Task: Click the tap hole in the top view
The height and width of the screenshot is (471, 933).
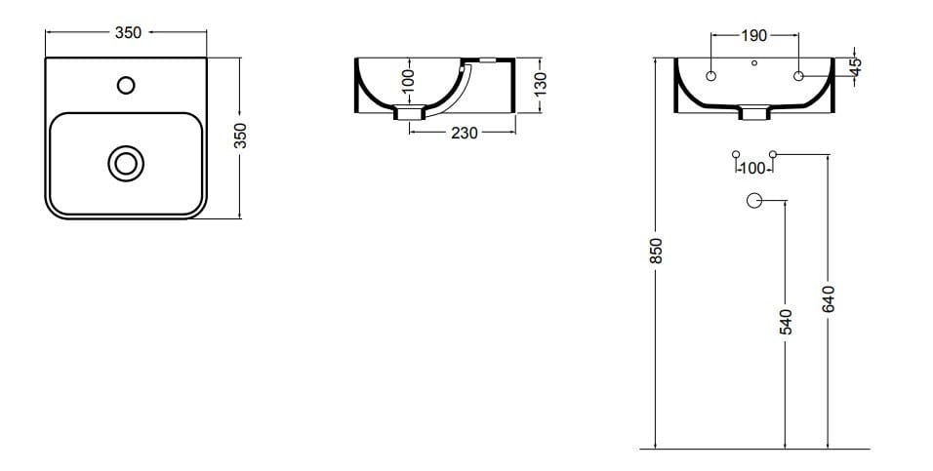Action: [125, 85]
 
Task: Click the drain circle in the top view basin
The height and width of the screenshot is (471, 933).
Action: [125, 163]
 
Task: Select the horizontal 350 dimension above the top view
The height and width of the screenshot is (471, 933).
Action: [128, 32]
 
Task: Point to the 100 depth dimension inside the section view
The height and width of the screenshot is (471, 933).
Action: [409, 80]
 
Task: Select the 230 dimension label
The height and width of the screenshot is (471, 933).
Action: [465, 133]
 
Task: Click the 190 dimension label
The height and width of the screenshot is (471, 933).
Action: [753, 36]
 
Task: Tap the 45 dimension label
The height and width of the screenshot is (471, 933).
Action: [856, 66]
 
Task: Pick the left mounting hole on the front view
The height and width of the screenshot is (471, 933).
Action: [710, 76]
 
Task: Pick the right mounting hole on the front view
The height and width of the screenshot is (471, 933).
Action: [798, 76]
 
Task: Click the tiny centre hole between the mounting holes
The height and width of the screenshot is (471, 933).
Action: [754, 64]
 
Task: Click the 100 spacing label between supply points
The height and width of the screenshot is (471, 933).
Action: [754, 169]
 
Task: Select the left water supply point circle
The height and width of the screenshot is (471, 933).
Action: [736, 154]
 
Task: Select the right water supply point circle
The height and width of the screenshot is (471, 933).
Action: [772, 154]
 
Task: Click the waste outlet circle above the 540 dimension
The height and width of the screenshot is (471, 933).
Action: [753, 201]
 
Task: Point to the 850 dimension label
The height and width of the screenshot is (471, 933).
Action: [657, 251]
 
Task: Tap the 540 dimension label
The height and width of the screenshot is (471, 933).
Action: [786, 321]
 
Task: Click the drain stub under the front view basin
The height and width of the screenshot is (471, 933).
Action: [754, 113]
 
